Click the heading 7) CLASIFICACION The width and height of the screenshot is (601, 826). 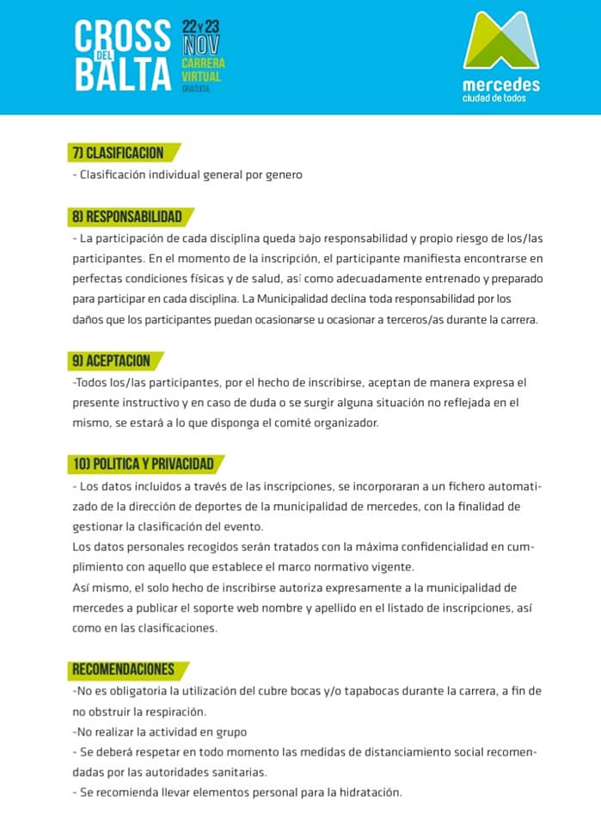tap(119, 153)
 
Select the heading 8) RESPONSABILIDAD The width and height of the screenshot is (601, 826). tap(127, 217)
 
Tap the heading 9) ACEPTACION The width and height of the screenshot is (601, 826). tap(111, 361)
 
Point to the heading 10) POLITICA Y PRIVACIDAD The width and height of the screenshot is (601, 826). tap(143, 465)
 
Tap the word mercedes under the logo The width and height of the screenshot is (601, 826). tap(501, 84)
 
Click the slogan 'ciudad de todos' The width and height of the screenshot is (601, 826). tap(494, 98)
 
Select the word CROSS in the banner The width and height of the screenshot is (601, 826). tap(123, 37)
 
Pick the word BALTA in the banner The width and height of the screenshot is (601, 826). tap(123, 76)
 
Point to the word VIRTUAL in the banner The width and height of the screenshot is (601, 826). tap(201, 77)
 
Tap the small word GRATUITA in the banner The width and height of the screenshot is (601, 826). tap(195, 89)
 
